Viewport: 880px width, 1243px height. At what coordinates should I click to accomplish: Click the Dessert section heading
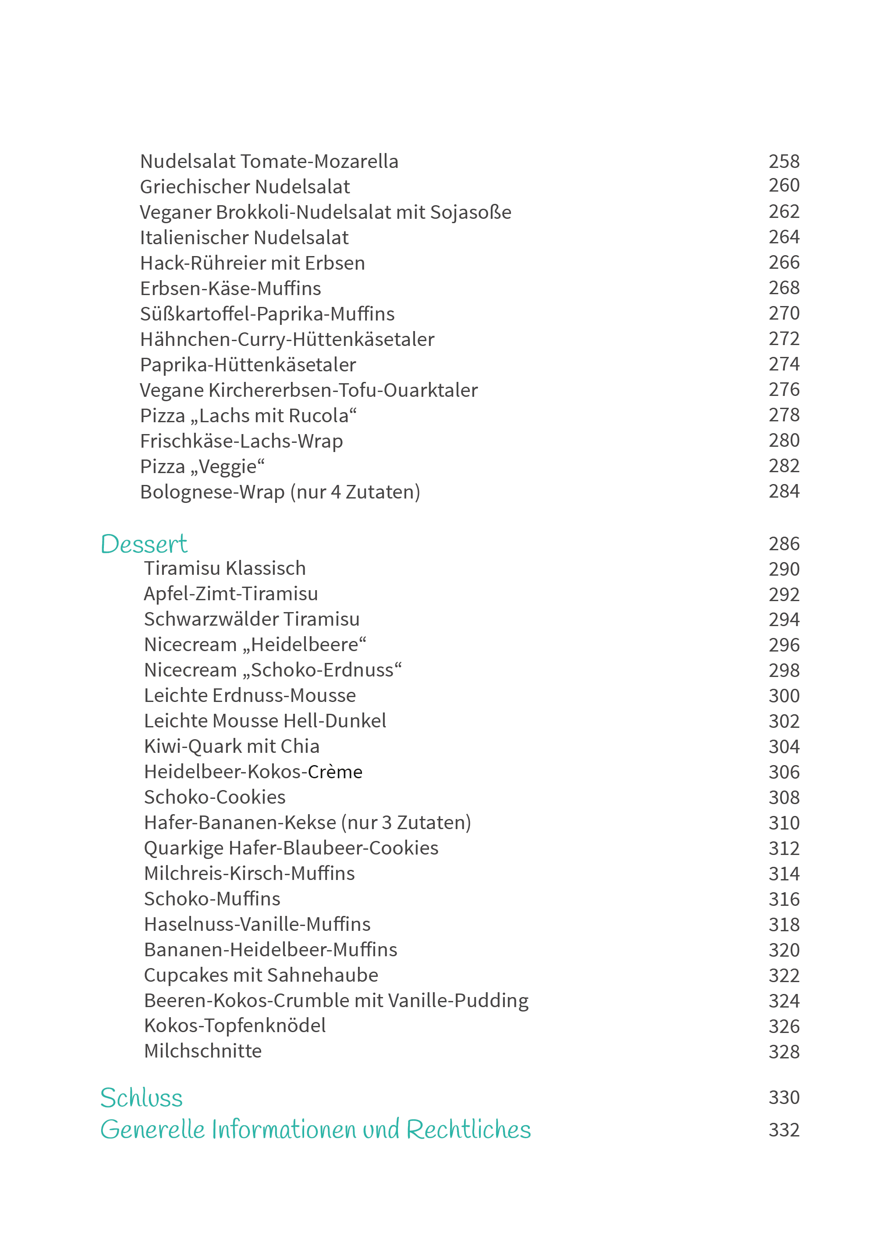coord(144,544)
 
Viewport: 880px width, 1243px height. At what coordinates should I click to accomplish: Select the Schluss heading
coord(142,1098)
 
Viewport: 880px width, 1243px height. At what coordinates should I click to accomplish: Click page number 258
coord(784,161)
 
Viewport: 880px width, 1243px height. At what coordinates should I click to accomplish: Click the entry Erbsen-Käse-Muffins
coord(230,288)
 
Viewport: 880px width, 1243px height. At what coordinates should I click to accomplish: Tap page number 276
coord(784,390)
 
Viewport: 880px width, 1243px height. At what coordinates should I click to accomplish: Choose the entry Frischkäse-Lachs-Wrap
coord(241,441)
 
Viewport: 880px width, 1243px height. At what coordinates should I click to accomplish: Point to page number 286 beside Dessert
coord(784,544)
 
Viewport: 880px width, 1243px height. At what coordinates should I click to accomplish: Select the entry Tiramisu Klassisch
coord(225,569)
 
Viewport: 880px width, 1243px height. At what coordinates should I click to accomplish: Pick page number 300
coord(784,695)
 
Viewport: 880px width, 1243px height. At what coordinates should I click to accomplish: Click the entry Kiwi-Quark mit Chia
coord(231,746)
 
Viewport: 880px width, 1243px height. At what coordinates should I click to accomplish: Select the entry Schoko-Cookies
coord(215,798)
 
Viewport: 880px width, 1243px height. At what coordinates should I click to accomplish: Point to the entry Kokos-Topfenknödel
coord(234,1026)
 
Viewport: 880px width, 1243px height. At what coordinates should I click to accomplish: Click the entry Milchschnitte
coord(202,1051)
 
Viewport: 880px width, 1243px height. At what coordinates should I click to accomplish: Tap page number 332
coord(784,1130)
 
